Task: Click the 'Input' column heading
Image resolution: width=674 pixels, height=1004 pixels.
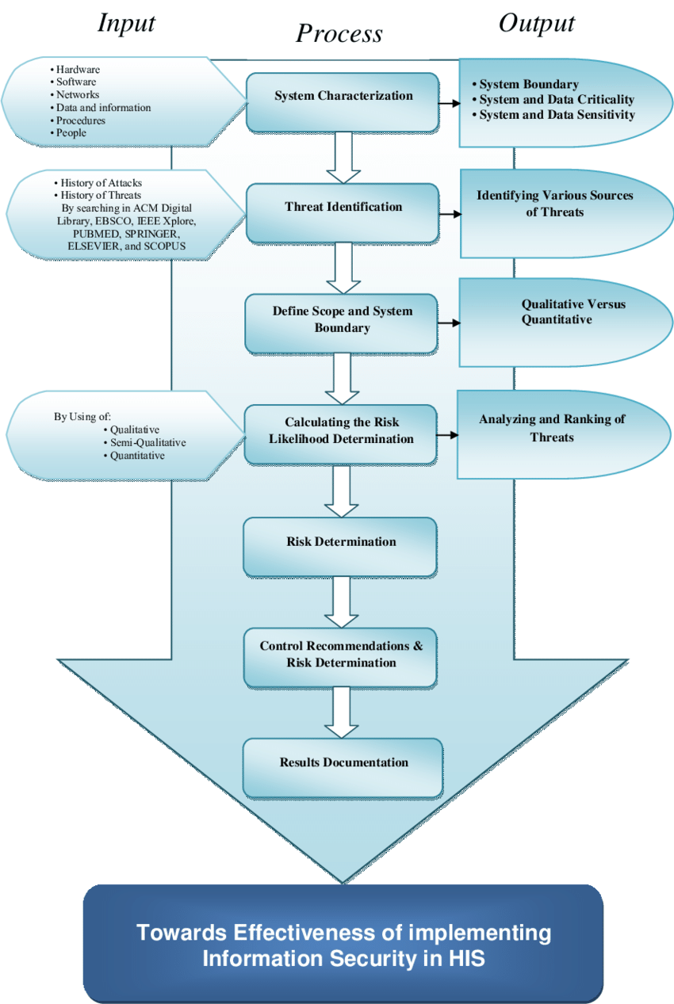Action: (x=126, y=23)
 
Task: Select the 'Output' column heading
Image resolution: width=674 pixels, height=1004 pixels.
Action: (x=536, y=23)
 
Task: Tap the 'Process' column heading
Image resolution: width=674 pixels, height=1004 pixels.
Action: (x=339, y=33)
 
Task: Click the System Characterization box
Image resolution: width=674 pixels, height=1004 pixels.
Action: (x=343, y=102)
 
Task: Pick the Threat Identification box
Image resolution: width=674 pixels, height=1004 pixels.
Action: (x=343, y=213)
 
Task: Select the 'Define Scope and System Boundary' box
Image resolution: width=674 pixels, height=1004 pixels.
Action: (x=341, y=323)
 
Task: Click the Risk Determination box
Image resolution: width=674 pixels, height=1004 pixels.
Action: (x=340, y=547)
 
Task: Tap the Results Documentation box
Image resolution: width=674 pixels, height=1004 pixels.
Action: (x=343, y=768)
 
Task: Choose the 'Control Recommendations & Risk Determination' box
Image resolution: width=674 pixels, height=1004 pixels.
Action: (x=340, y=658)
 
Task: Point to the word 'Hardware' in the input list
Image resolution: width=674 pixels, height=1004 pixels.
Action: (x=78, y=70)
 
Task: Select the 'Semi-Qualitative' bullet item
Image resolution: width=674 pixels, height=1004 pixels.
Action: (x=145, y=443)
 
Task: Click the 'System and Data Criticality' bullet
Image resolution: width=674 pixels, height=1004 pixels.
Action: (x=553, y=100)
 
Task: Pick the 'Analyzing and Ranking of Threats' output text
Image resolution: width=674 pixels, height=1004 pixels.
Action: (x=552, y=428)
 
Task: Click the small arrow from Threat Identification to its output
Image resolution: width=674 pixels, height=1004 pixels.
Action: (x=450, y=214)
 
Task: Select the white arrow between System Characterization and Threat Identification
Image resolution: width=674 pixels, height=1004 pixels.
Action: (x=343, y=158)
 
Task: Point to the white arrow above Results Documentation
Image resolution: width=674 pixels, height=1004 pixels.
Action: (x=341, y=712)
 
